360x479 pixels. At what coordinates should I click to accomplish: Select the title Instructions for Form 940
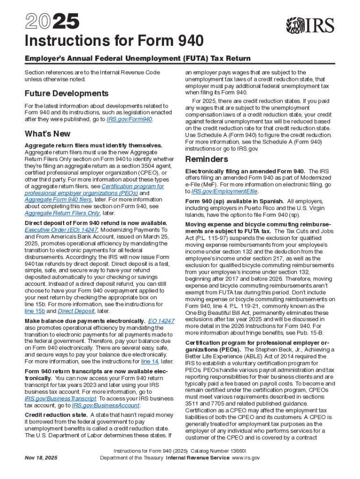(x=114, y=42)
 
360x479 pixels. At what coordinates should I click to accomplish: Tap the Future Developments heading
(x=66, y=93)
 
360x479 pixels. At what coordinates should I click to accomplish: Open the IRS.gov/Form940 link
(x=130, y=119)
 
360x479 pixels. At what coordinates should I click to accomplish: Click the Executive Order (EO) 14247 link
(x=61, y=230)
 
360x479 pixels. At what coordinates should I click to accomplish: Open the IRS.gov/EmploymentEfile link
(x=224, y=191)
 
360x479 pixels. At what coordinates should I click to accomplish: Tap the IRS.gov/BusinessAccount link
(x=106, y=406)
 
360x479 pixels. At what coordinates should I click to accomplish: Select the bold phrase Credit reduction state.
(x=56, y=415)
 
